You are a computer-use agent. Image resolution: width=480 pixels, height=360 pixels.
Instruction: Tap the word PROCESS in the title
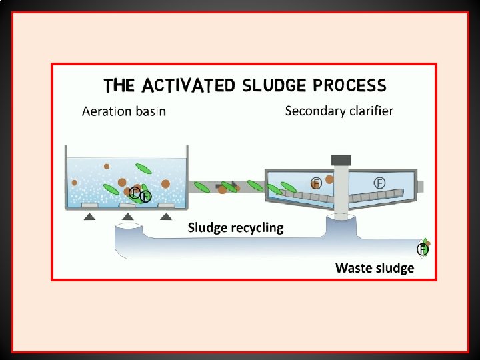tap(349, 85)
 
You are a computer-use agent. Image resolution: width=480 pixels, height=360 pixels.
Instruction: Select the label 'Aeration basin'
tap(124, 111)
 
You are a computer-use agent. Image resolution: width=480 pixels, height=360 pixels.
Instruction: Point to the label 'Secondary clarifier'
tap(339, 111)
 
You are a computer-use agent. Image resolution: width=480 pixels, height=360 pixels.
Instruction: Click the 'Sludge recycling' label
tap(235, 228)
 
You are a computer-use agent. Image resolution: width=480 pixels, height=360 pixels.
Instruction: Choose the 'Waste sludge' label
tap(375, 268)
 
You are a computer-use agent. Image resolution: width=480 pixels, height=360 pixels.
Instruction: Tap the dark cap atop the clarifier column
tap(341, 160)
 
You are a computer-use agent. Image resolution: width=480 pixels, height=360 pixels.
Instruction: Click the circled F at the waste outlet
tap(422, 249)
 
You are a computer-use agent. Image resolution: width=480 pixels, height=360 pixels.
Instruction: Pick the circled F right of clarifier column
tap(379, 182)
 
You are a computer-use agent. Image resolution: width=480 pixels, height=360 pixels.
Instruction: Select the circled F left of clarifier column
tap(317, 183)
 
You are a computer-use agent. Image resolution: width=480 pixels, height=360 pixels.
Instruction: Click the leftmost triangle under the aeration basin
tap(89, 217)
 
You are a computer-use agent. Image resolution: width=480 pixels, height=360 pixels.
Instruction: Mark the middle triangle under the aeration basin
tap(128, 217)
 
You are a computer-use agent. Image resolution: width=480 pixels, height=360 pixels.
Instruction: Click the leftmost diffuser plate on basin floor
tap(89, 205)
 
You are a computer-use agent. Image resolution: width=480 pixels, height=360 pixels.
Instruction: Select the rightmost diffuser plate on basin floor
tap(166, 205)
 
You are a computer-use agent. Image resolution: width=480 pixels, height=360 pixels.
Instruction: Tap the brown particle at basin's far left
tap(74, 183)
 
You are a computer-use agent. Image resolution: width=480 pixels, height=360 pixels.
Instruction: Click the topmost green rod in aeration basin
tap(143, 168)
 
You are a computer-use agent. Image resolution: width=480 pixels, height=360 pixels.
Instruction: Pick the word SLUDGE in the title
tap(273, 85)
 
